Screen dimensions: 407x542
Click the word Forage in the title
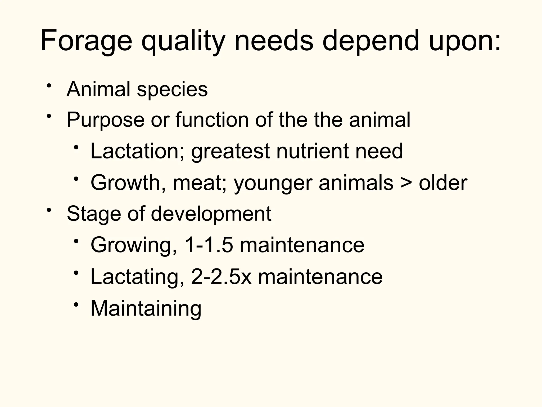click(x=86, y=41)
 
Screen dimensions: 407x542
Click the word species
click(x=172, y=89)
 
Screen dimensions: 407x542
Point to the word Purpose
click(x=106, y=120)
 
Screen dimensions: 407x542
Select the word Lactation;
click(x=137, y=151)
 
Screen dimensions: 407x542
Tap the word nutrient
click(x=312, y=151)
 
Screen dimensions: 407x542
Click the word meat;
click(x=200, y=183)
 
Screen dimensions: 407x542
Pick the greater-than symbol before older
click(x=406, y=183)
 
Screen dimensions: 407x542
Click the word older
click(x=443, y=183)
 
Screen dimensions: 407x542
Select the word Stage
click(x=94, y=214)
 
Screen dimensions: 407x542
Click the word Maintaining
click(x=146, y=308)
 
